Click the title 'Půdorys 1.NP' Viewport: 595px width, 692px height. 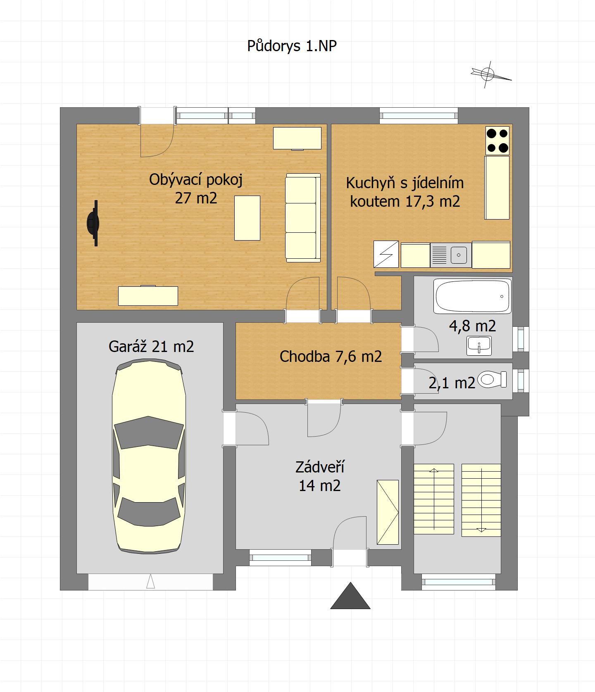coord(292,46)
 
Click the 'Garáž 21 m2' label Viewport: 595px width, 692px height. coord(151,346)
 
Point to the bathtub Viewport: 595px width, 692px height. coord(472,296)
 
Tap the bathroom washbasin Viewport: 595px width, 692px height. coord(479,345)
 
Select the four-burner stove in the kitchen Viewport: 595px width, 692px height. coord(497,141)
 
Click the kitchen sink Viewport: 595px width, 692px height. coord(451,255)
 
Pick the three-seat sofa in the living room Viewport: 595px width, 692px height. coord(303,217)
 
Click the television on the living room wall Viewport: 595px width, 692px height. coord(93,223)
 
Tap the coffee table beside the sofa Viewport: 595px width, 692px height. coord(247,218)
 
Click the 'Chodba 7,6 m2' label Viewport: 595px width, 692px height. coord(331,357)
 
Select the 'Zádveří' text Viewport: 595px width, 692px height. coord(320,467)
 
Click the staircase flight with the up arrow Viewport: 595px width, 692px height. coord(434,499)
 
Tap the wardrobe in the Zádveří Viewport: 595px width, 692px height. coord(388,512)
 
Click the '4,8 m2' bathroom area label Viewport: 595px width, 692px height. coord(472,326)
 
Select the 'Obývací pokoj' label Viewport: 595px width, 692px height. coord(196,180)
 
